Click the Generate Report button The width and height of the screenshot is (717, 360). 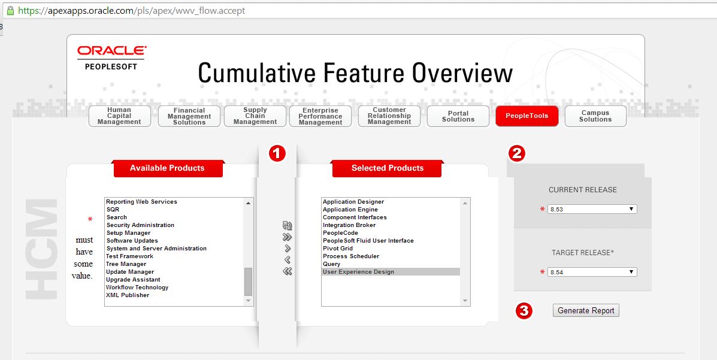[x=586, y=310]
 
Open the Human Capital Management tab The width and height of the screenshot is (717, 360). [x=119, y=116]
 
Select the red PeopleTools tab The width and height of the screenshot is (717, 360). [x=527, y=116]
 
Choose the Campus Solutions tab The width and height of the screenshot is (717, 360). [x=595, y=116]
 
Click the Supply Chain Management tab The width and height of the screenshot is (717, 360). [x=255, y=116]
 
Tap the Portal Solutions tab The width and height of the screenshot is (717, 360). [x=458, y=116]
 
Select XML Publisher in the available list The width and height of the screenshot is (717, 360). [x=128, y=295]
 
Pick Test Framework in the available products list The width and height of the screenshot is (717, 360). [x=129, y=256]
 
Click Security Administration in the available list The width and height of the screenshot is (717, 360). [x=140, y=225]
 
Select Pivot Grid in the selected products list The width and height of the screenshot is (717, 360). [x=338, y=249]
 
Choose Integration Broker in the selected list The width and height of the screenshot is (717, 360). [x=349, y=225]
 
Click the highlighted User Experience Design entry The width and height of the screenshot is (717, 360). [x=358, y=272]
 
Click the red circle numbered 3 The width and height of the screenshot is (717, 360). [x=524, y=311]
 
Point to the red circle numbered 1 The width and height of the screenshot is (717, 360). [x=276, y=153]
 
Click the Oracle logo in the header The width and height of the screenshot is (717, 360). [x=111, y=52]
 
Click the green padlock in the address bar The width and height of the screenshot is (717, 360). [x=10, y=10]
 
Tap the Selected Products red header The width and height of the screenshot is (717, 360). [x=387, y=168]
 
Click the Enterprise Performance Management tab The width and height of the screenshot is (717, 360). [x=320, y=116]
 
